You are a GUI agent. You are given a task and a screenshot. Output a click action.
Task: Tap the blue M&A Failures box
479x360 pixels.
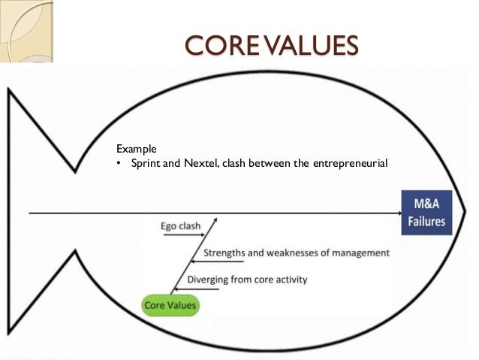(x=426, y=212)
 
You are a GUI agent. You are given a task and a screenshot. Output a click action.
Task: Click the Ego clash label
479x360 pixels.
(x=179, y=225)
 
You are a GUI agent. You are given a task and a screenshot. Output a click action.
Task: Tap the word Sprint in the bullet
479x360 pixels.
(x=145, y=164)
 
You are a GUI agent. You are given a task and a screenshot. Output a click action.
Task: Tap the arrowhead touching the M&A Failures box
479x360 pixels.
(x=397, y=213)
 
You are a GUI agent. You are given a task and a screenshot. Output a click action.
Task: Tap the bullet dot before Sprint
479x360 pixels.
(x=118, y=164)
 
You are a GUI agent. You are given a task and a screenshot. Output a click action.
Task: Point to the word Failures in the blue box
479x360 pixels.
(x=426, y=222)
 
